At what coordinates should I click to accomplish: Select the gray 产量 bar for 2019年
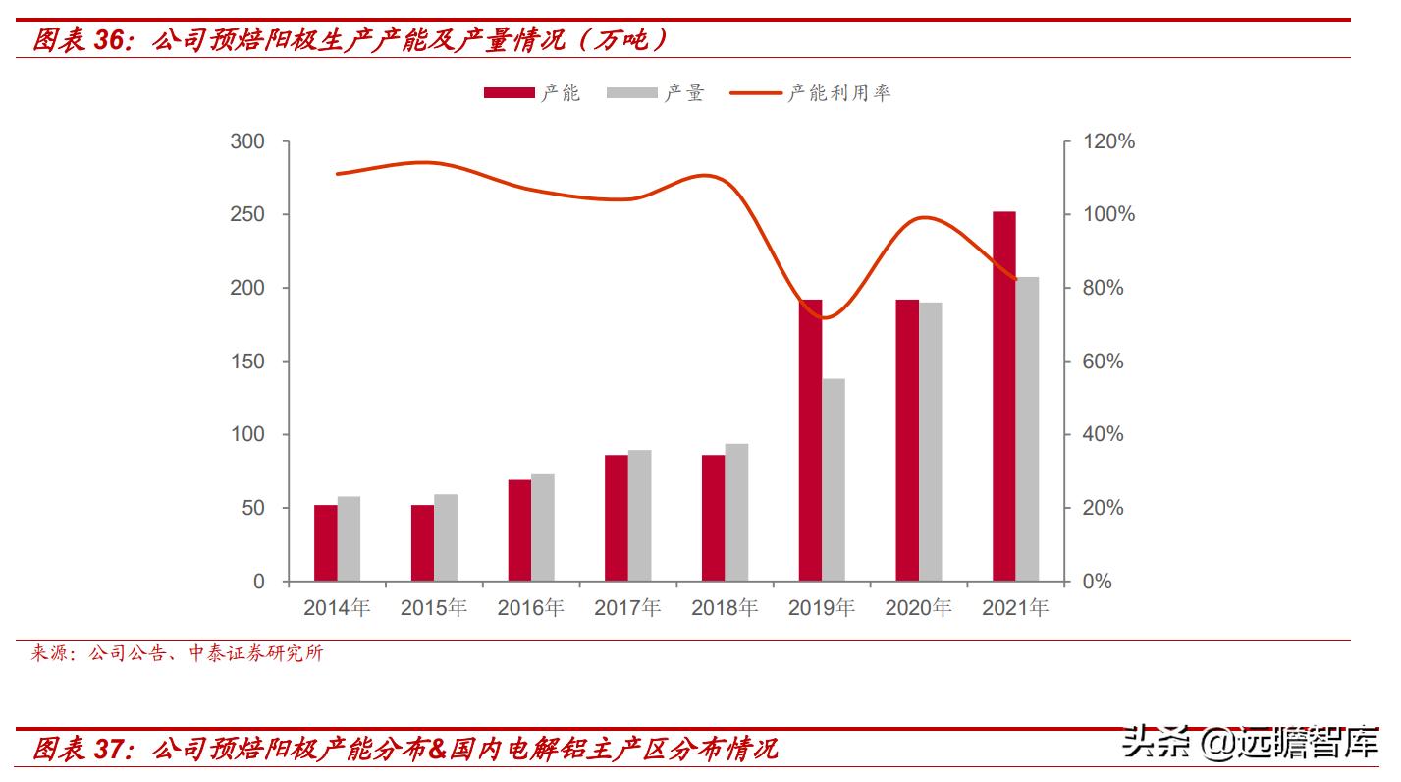(834, 479)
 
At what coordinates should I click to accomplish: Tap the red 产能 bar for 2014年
(325, 542)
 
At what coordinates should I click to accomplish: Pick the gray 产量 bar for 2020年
(931, 441)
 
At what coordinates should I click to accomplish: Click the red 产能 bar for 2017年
(616, 518)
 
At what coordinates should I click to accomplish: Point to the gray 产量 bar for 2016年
(543, 527)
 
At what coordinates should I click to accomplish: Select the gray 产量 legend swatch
(631, 93)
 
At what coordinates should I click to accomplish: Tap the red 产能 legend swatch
(508, 93)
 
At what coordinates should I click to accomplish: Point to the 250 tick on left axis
(247, 215)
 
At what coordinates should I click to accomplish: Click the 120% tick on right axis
(1108, 141)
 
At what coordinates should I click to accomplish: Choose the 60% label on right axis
(1104, 362)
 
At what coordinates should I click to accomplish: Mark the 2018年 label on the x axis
(725, 608)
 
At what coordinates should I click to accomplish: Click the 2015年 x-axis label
(434, 608)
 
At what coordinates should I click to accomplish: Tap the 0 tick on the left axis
(259, 582)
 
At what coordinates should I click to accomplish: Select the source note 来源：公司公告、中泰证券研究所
(177, 654)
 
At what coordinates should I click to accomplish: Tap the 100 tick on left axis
(247, 435)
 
